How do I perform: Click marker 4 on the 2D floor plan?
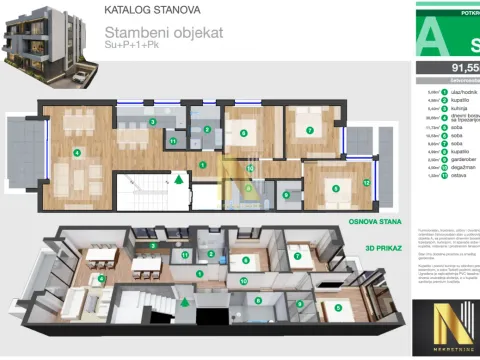(x=76, y=153)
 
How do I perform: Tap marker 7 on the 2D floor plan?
(x=310, y=131)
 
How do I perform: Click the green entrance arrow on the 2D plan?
(x=179, y=180)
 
